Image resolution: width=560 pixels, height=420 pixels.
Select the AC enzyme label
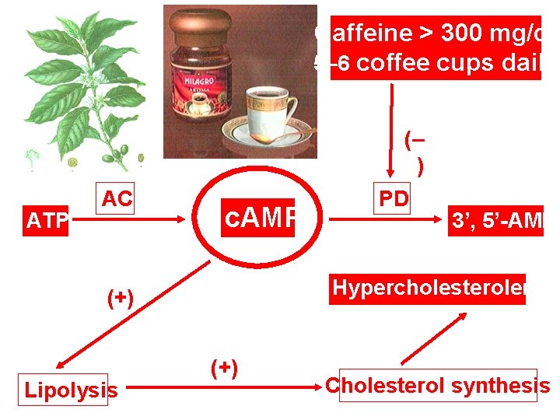tap(117, 200)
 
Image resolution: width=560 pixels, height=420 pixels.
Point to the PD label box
tap(394, 199)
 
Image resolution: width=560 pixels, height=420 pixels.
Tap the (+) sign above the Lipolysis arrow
tap(121, 297)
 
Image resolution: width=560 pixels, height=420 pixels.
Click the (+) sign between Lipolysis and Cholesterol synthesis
tap(224, 366)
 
